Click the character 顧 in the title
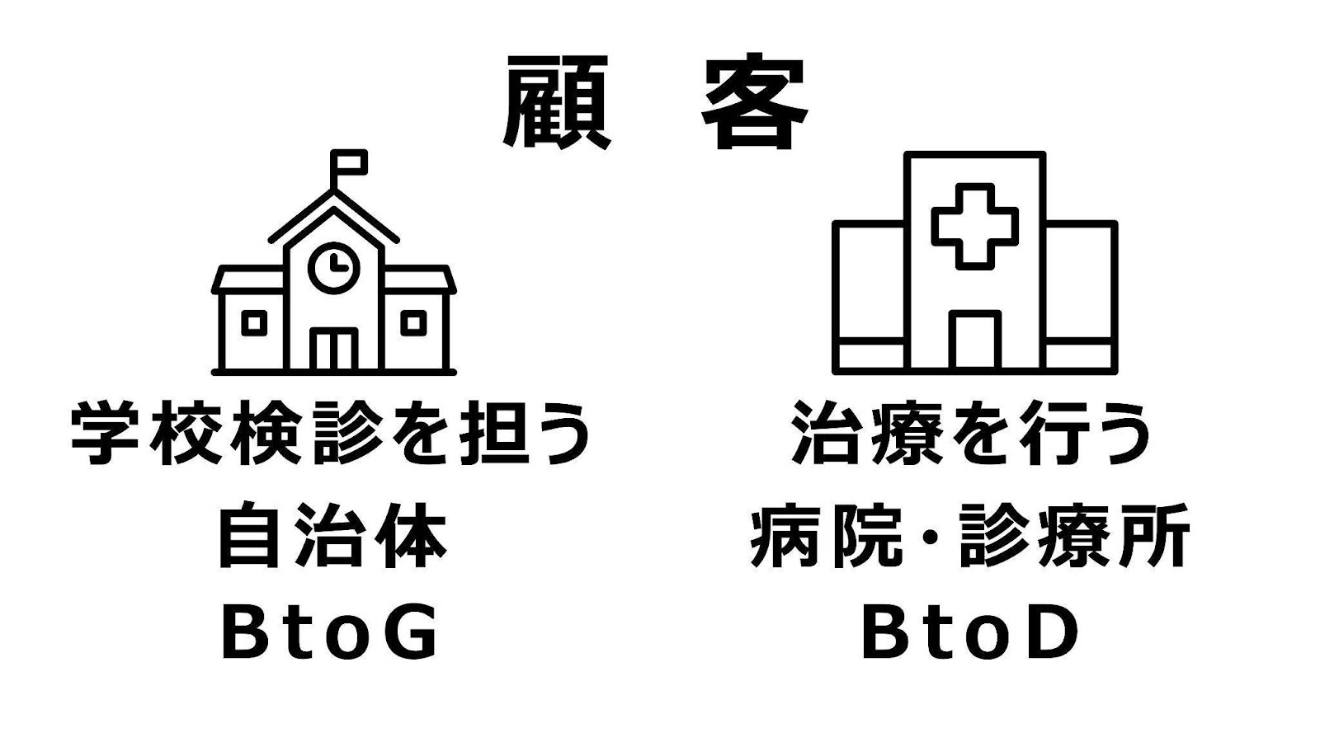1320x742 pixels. (x=556, y=102)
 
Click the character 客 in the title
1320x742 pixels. (x=755, y=102)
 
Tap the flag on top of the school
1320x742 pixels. (x=350, y=163)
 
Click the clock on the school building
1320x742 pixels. (x=334, y=265)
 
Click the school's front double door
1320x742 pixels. (x=334, y=350)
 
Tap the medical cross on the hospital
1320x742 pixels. (x=974, y=225)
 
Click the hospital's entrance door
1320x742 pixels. (x=974, y=340)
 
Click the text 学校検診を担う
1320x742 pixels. (x=332, y=434)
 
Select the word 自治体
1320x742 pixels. (x=332, y=537)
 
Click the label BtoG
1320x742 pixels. (x=330, y=635)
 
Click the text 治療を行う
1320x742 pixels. (x=971, y=434)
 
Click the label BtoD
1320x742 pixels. (x=971, y=635)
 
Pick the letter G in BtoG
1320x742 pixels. (x=409, y=635)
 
